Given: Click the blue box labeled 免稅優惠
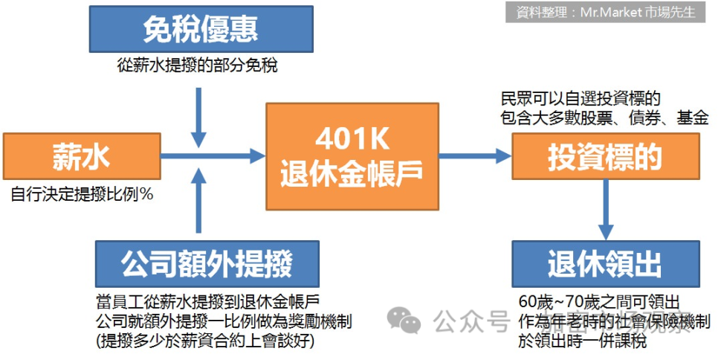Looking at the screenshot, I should (200, 30).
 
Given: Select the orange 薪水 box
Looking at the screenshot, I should (82, 157).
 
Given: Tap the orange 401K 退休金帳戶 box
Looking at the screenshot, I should (352, 157).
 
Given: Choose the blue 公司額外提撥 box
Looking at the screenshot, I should (207, 263).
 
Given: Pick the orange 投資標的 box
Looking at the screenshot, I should (605, 157).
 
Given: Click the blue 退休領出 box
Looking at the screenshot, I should (605, 263).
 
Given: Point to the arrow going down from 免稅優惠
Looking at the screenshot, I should (199, 115).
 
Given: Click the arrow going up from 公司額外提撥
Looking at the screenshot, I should (199, 201).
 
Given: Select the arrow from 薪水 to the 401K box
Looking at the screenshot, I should (216, 156).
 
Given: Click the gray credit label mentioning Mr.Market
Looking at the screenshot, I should (605, 12).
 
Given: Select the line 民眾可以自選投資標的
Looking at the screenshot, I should (580, 99).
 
